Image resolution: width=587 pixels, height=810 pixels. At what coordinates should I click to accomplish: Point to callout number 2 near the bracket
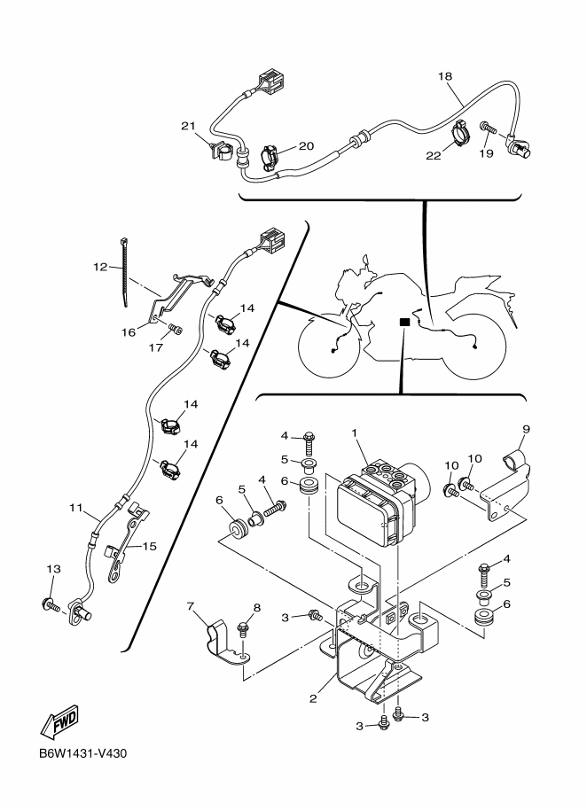coord(312,698)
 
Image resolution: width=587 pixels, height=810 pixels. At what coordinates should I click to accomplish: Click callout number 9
coord(526,430)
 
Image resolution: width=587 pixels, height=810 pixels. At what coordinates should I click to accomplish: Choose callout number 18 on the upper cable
coord(444,77)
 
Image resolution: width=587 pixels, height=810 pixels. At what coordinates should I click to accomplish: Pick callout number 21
coord(187,127)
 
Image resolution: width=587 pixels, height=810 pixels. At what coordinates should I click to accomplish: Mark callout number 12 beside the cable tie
coord(100,265)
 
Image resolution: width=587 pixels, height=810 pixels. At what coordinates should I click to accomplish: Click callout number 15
coord(149,546)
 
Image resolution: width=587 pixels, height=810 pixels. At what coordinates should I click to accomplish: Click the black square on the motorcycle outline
coord(404,323)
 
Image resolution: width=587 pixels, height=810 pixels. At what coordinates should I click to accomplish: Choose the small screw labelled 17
coord(175,331)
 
